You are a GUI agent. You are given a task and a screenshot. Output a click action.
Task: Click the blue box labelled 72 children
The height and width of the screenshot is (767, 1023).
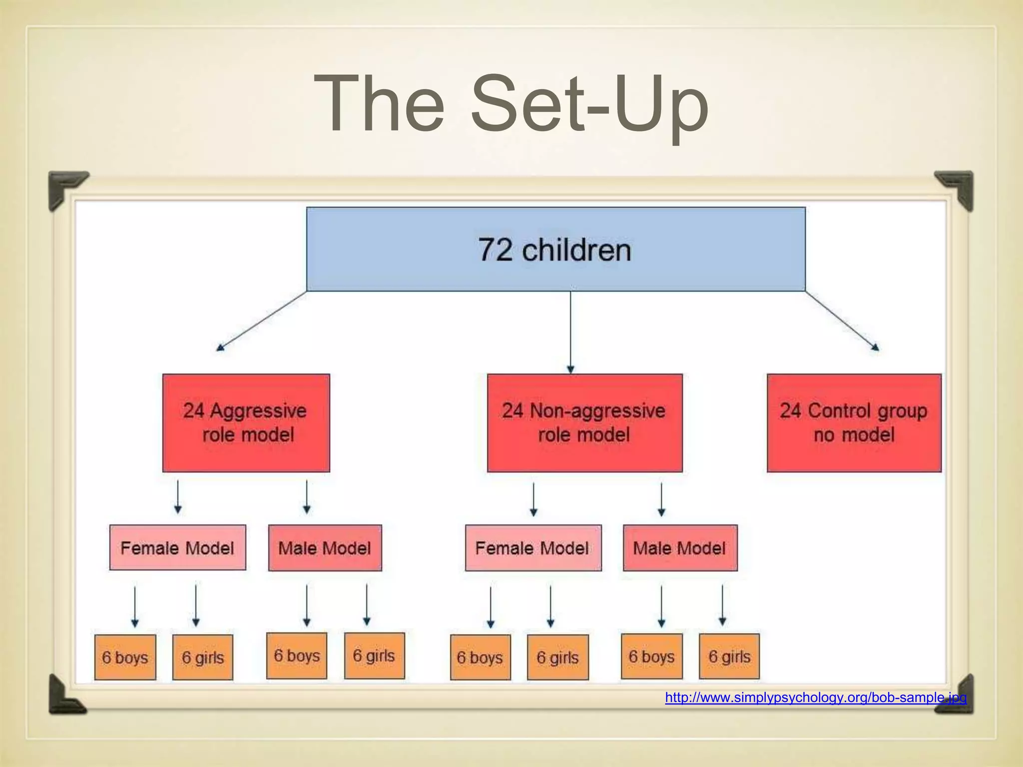(555, 249)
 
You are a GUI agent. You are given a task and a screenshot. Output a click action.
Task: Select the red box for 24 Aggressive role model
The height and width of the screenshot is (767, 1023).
(246, 422)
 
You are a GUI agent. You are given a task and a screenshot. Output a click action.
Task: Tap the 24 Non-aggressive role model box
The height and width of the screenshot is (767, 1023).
(584, 422)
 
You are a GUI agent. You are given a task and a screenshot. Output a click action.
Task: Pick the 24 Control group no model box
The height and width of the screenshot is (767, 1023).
(854, 422)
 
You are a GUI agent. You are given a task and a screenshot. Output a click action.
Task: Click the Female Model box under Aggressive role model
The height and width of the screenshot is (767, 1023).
(177, 547)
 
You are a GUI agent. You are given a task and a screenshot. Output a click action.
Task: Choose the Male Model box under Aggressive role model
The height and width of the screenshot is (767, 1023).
(325, 547)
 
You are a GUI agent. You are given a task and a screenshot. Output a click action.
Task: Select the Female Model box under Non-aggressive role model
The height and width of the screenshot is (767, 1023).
(533, 547)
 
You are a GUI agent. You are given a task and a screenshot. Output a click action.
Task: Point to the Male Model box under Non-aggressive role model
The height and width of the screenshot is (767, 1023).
(680, 547)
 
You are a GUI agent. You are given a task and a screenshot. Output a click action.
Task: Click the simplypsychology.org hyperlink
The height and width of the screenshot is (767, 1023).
(815, 698)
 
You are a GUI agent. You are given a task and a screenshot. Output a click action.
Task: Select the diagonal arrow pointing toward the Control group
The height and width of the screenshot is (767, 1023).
(842, 321)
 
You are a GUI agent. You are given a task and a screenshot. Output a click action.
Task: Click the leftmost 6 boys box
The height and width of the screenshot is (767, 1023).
(125, 657)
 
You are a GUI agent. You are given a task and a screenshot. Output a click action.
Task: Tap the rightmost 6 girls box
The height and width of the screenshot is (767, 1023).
(729, 656)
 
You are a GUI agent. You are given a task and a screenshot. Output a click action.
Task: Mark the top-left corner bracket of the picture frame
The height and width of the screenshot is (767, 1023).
(65, 187)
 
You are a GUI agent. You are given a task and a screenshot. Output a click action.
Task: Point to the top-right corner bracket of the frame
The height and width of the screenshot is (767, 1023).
(957, 187)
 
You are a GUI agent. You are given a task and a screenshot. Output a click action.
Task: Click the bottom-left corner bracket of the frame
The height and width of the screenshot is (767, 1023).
(65, 696)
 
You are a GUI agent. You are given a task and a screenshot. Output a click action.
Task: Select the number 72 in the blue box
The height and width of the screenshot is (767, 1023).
(495, 250)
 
